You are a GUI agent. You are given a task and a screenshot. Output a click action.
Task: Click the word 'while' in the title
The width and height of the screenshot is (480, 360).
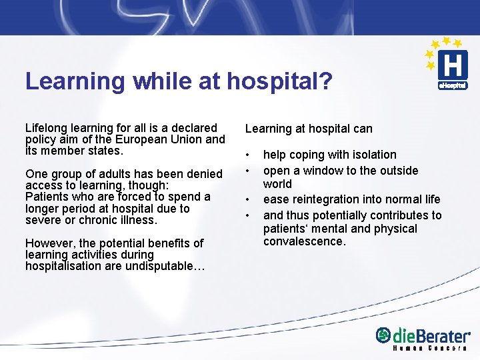pos(160,82)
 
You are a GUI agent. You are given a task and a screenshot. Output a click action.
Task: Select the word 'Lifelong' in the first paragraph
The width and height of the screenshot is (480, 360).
pos(46,128)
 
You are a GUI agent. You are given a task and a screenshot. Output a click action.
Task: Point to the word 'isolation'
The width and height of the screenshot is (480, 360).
pos(373,155)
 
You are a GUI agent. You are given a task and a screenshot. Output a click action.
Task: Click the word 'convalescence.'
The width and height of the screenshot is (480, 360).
pos(305,241)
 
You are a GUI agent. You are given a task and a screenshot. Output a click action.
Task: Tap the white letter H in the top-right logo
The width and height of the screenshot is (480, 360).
pos(452,65)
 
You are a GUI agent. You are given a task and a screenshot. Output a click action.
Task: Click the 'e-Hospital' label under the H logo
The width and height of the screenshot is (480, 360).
pos(452,86)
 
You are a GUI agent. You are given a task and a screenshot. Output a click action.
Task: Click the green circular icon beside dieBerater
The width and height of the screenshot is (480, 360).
pos(383,335)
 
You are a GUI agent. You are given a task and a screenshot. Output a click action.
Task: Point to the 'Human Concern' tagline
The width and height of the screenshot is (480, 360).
pos(430,349)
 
